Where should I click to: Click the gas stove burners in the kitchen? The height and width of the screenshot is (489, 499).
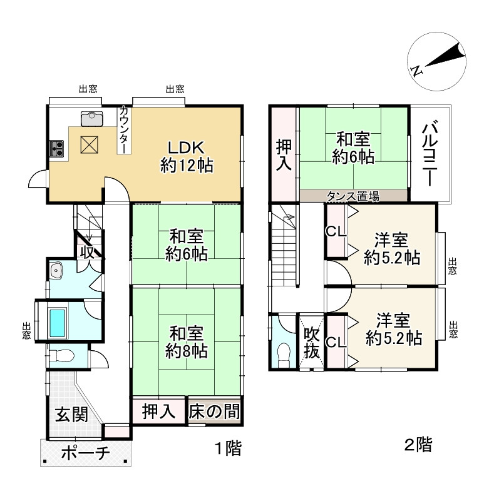[57, 148]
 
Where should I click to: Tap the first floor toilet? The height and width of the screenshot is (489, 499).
[63, 356]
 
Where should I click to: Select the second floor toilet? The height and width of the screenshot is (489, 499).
[284, 354]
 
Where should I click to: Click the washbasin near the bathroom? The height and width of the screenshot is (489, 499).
[58, 271]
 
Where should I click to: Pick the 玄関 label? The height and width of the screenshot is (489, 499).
[70, 414]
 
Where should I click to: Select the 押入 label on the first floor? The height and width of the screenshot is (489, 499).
[158, 412]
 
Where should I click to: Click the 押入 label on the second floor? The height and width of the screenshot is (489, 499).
[284, 154]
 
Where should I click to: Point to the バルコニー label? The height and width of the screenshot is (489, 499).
[430, 153]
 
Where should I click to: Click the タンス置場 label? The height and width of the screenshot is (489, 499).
[352, 196]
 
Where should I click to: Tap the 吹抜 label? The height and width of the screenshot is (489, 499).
[311, 343]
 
